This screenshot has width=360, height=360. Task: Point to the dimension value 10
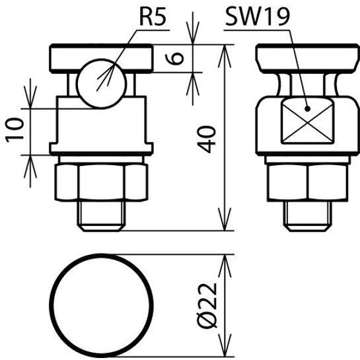[x=15, y=130]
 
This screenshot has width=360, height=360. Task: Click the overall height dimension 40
[x=207, y=139]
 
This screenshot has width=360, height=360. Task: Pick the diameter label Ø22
[x=207, y=306]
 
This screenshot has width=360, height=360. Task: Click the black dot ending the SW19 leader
[x=307, y=109]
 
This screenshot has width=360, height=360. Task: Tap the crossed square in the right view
[x=308, y=121]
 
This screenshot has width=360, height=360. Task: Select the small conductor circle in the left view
[x=101, y=84]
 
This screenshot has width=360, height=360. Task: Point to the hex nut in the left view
[x=101, y=182]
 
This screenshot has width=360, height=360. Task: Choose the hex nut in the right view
[x=308, y=182]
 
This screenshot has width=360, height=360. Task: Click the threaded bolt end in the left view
[x=101, y=216]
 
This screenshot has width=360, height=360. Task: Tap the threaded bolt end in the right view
[x=308, y=216]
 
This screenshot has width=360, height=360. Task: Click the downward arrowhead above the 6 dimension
[x=193, y=32]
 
